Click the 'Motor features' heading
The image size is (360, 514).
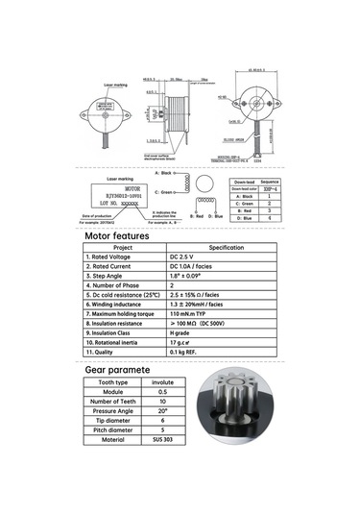pos(116,235)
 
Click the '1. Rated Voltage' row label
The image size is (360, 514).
pos(108,257)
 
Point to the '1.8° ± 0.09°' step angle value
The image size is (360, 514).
pos(189,276)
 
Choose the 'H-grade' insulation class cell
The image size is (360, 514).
pos(182,331)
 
